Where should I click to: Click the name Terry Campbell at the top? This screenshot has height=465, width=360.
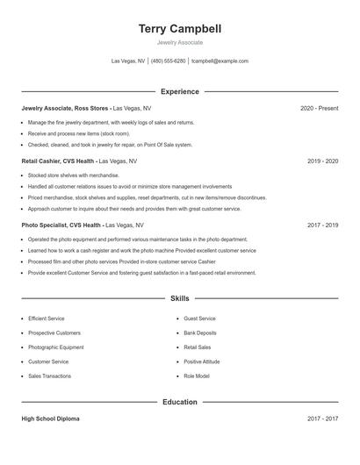coord(180,29)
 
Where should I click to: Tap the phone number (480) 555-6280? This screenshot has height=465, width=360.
coord(168,61)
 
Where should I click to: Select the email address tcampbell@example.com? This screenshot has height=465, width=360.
coord(220,61)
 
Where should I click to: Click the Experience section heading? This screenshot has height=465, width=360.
coord(180,91)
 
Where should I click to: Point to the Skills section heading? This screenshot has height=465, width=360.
coord(180,299)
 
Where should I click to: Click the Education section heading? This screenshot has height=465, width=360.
coord(180,402)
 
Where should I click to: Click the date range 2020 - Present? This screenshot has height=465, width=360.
coord(319,108)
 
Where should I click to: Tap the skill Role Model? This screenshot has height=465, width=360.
coord(197,376)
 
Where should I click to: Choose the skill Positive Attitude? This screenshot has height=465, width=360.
coord(202,361)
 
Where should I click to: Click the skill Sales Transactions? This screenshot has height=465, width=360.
coord(50,376)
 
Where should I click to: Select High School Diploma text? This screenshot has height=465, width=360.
coord(50,418)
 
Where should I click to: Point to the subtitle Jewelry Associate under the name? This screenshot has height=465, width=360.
coord(180,42)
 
